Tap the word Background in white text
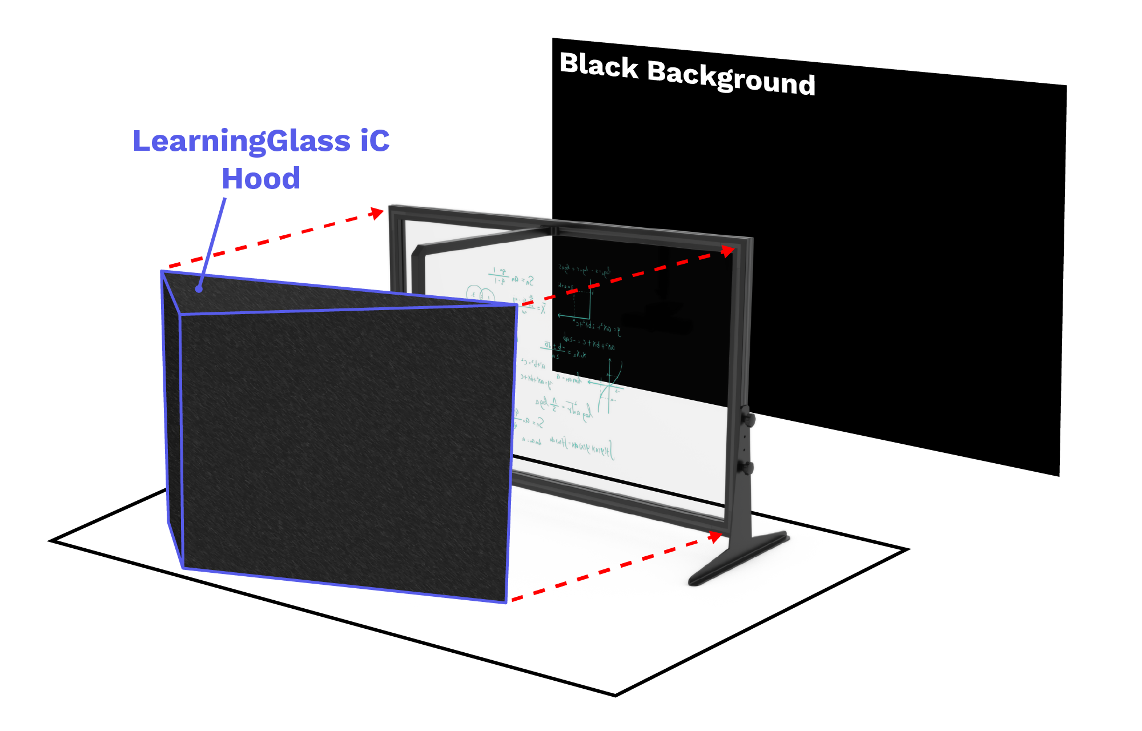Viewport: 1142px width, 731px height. [731, 79]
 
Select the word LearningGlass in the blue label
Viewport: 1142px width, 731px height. [241, 141]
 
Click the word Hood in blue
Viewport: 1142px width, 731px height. [261, 178]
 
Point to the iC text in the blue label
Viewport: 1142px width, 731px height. [375, 140]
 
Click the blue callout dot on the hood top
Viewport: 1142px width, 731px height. [199, 289]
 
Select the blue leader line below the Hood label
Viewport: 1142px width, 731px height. [212, 242]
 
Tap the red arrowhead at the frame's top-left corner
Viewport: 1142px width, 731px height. [377, 214]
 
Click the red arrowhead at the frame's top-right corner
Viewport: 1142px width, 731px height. [727, 251]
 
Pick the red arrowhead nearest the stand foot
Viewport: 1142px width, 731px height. [715, 537]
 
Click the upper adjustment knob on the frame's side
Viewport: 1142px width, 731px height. [749, 419]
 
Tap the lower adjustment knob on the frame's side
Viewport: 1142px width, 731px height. [747, 467]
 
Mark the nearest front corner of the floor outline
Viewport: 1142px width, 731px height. [616, 694]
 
